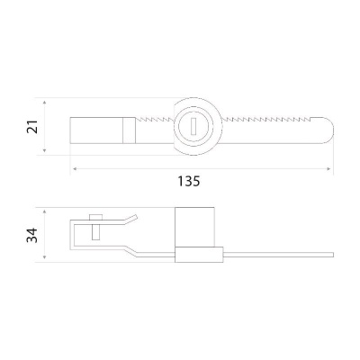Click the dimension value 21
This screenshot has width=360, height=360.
pyautogui.click(x=32, y=127)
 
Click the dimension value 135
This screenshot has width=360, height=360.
pyautogui.click(x=189, y=181)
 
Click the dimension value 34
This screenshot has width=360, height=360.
pyautogui.click(x=32, y=235)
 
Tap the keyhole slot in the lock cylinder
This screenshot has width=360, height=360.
pyautogui.click(x=193, y=125)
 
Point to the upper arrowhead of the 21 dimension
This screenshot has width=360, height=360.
pyautogui.click(x=45, y=103)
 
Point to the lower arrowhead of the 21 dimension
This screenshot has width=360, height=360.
pyautogui.click(x=45, y=150)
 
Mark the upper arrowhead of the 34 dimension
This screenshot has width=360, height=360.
pyautogui.click(x=45, y=212)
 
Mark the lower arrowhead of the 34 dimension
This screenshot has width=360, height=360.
pyautogui.click(x=45, y=256)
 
